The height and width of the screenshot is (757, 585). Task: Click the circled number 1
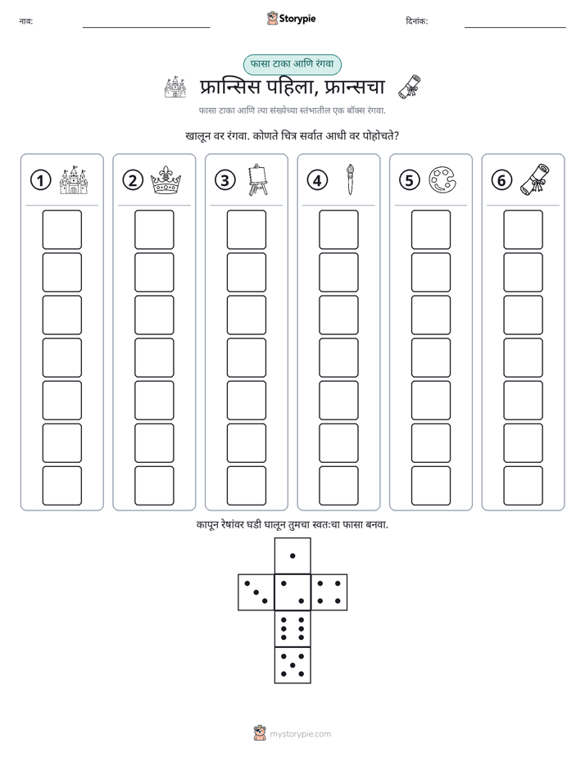40,180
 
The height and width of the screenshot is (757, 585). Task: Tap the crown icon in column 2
166,180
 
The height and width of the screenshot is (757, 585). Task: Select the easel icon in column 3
258,179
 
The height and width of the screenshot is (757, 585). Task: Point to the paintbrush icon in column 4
350,179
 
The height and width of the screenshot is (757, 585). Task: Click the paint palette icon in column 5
442,180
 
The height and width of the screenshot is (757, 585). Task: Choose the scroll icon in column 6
535,179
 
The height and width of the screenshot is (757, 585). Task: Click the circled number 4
317,180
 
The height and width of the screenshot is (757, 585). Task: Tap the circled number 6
501,180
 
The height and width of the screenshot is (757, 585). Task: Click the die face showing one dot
292,555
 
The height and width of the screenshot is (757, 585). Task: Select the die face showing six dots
292,628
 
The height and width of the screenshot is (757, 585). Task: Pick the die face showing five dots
292,665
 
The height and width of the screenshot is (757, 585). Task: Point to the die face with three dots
256,592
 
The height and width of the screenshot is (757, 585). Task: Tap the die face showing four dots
329,592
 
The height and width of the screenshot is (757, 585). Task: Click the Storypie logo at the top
291,18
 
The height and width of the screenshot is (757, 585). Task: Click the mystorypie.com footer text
300,734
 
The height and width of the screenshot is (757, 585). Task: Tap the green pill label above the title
292,64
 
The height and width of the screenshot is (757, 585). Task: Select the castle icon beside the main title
175,87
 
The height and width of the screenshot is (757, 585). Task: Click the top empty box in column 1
61,229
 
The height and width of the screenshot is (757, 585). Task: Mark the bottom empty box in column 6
524,485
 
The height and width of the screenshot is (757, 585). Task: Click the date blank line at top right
515,28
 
